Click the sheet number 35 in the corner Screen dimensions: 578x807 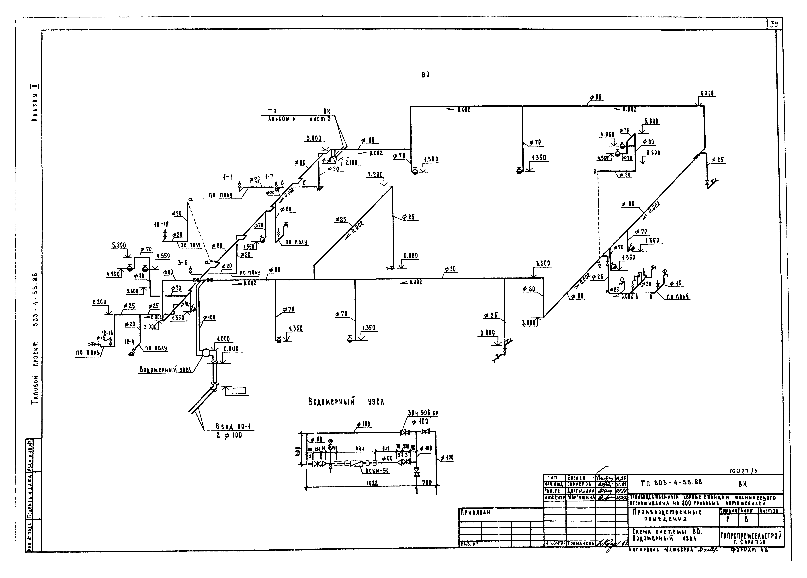pyautogui.click(x=774, y=24)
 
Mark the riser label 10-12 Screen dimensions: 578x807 pyautogui.click(x=161, y=225)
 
